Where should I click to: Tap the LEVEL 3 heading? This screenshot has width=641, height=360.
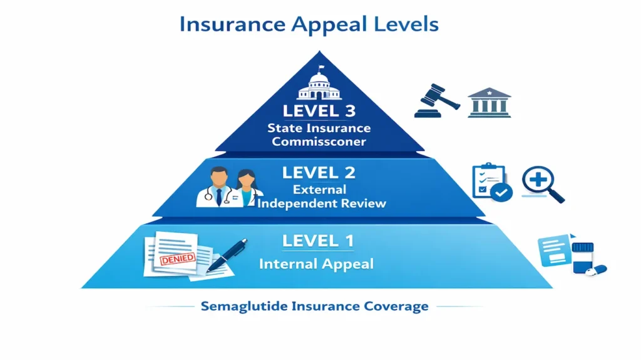[319, 111]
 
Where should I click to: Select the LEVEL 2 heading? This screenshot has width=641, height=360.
[319, 172]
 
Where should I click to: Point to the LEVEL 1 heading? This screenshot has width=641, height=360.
[319, 240]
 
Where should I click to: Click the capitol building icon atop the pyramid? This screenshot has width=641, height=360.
[319, 85]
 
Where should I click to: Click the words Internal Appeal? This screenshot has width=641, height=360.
[316, 264]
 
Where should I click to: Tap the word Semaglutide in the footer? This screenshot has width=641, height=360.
[240, 306]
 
